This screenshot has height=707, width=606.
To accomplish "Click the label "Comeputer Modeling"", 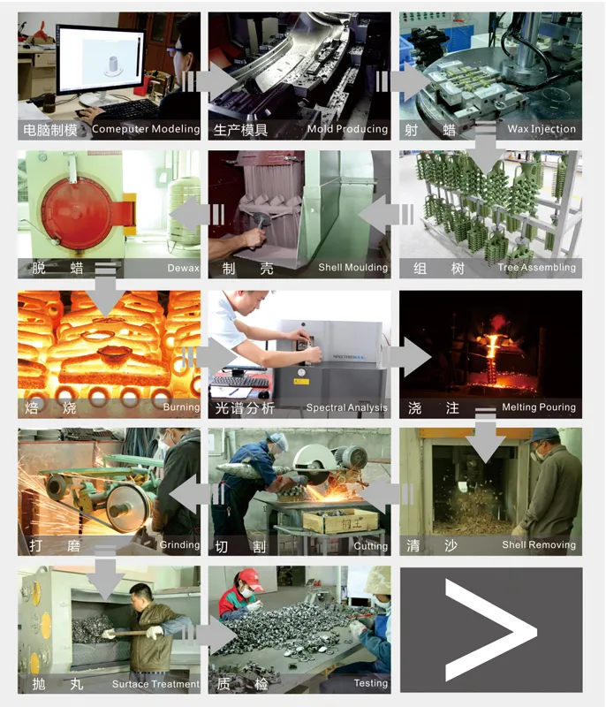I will (146, 129).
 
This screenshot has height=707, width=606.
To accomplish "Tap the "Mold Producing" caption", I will (347, 129).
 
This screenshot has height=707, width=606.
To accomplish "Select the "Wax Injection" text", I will (542, 129).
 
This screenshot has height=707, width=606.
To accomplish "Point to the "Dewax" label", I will (183, 268).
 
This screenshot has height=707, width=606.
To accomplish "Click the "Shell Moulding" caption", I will (352, 268).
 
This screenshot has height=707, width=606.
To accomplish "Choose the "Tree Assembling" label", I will (536, 268).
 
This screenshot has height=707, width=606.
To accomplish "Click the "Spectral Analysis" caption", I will (346, 407).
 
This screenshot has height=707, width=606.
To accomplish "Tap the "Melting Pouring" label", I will (538, 407).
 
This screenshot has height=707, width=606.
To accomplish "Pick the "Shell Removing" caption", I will (539, 545).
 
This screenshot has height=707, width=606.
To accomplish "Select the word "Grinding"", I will (179, 545).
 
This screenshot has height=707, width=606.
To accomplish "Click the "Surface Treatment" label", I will (155, 683).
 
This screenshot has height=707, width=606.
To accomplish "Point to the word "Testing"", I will (370, 683).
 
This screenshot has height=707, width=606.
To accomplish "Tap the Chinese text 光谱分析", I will (245, 407).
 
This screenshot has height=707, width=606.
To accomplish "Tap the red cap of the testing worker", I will (252, 577).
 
